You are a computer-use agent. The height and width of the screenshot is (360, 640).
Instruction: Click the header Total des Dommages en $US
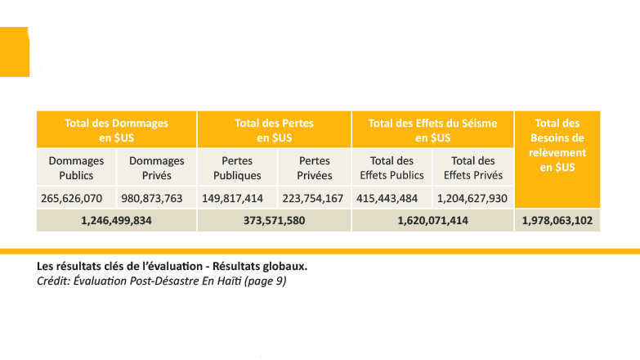116,130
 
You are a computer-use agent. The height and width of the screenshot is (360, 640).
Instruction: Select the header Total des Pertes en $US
274,130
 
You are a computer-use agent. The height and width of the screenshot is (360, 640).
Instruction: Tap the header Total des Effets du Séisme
432,130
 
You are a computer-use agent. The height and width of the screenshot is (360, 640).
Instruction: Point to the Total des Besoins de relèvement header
557,145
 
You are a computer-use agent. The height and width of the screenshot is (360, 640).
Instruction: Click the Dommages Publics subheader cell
76,168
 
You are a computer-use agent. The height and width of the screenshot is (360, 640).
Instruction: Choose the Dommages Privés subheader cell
157,168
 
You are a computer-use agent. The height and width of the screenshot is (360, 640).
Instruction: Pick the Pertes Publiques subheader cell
237,168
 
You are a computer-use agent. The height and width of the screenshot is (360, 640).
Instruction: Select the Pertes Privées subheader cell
315,168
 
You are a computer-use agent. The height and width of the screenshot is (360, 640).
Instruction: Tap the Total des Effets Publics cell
392,168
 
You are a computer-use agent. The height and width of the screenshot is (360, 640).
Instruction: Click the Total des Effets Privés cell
473,168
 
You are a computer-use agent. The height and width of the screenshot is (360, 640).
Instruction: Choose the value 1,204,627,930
472,198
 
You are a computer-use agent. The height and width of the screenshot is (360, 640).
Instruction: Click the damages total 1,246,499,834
116,220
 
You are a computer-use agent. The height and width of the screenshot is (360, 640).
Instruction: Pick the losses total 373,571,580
274,220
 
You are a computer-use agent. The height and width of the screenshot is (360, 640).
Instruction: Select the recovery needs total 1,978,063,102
557,220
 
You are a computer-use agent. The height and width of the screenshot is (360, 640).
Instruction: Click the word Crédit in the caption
53,281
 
